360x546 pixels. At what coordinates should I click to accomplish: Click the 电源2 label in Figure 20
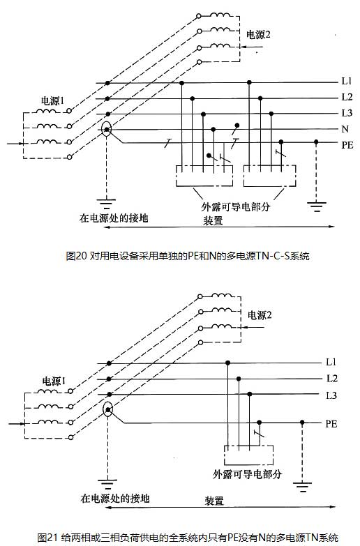(258, 35)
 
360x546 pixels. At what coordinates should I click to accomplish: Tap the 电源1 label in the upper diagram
(52, 101)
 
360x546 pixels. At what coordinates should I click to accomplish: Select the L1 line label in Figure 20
(347, 81)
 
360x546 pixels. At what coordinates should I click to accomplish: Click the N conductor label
(345, 129)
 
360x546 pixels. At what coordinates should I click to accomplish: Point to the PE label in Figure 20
(347, 145)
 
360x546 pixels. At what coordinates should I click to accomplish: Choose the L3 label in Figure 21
(331, 395)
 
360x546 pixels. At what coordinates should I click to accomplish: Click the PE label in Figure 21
(331, 424)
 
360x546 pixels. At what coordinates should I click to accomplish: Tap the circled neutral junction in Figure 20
(107, 130)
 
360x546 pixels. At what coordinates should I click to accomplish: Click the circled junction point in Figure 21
(108, 409)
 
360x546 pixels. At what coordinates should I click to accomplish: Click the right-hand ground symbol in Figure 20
(317, 206)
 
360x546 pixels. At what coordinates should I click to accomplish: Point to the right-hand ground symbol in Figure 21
(302, 487)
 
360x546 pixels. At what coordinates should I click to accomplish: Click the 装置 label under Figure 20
(213, 221)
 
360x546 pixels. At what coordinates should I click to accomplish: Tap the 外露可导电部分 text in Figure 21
(248, 474)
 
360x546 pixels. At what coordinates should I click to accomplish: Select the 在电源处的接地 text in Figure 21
(115, 499)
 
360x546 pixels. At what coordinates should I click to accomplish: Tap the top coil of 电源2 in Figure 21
(221, 296)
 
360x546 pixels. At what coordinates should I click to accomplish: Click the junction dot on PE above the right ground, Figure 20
(316, 142)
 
